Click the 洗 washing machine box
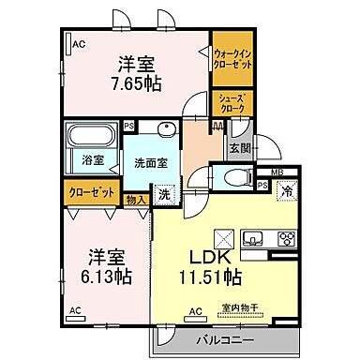click(x=164, y=196)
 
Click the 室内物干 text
click(x=238, y=307)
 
